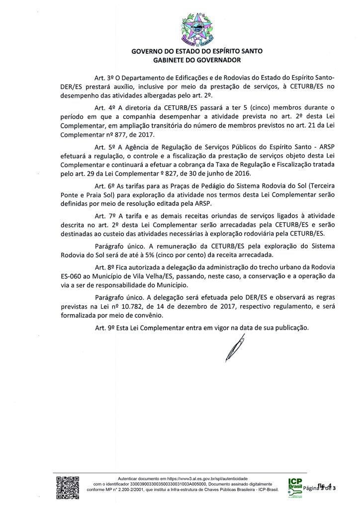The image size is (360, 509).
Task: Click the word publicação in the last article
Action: coord(288,328)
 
